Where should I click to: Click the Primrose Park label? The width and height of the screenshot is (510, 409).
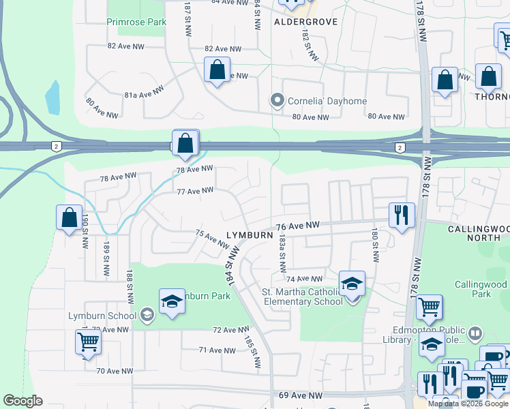[x=136, y=22]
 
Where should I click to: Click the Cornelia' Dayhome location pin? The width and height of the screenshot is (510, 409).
[x=277, y=102]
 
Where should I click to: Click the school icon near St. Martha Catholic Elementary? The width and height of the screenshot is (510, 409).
[x=352, y=284]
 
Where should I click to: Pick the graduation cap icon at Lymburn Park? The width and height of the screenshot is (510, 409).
[x=172, y=301]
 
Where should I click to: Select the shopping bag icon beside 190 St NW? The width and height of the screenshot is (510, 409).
[x=70, y=217]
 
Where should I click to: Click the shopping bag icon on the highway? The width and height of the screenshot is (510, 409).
[x=185, y=143]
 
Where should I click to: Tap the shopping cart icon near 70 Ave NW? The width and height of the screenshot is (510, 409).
[x=88, y=342]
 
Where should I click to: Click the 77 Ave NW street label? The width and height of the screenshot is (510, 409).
[x=196, y=192]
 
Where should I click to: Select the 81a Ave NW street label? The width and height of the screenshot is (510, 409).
[x=144, y=91]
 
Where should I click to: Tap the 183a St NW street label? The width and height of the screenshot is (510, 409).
[x=281, y=253]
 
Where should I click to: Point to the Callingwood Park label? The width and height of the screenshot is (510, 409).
[x=483, y=289]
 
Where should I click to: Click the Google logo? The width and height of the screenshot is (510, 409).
[x=22, y=401]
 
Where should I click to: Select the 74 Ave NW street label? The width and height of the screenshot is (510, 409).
[x=304, y=279]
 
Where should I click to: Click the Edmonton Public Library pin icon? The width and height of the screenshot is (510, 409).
[x=475, y=334]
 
